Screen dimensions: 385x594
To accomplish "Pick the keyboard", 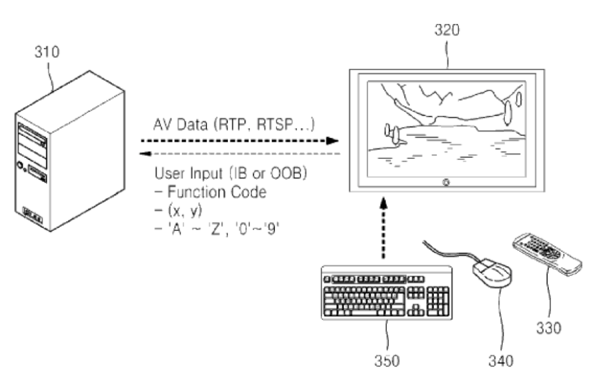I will pyautogui.click(x=385, y=292).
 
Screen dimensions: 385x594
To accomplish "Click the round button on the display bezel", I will pyautogui.click(x=445, y=183).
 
